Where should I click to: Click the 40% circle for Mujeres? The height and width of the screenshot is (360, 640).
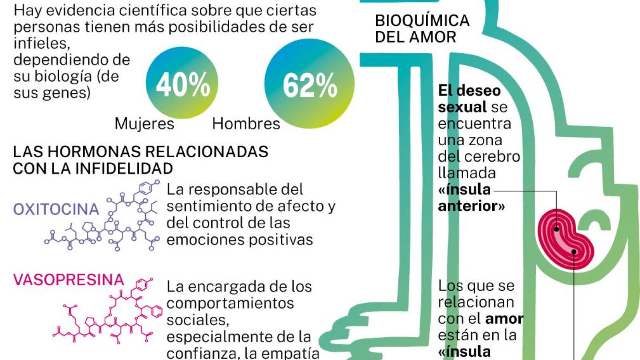pyautogui.click(x=182, y=83)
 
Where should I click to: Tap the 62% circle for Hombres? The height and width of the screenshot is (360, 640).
pyautogui.click(x=309, y=84)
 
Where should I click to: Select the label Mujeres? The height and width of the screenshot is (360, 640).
pyautogui.click(x=144, y=124)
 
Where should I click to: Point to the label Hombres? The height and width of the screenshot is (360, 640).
pyautogui.click(x=246, y=124)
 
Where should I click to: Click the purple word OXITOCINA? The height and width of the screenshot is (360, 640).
pyautogui.click(x=56, y=209)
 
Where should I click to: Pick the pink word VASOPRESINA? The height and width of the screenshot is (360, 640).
pyautogui.click(x=68, y=280)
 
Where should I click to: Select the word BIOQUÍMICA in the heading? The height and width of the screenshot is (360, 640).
pyautogui.click(x=422, y=20)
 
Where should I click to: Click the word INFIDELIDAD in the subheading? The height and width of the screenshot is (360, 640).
pyautogui.click(x=124, y=168)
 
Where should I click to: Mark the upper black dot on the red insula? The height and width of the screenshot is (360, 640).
pyautogui.click(x=556, y=229)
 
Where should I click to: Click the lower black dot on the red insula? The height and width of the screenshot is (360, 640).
pyautogui.click(x=574, y=252)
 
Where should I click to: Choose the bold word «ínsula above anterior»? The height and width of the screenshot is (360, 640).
pyautogui.click(x=464, y=189)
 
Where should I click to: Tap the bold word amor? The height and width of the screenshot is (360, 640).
pyautogui.click(x=504, y=318)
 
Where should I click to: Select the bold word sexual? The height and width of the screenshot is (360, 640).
pyautogui.click(x=462, y=107)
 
